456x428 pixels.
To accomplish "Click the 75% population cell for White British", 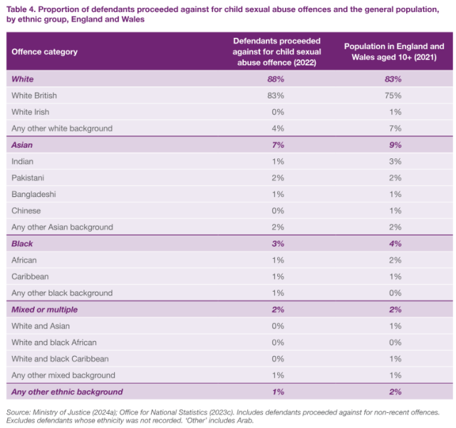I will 393,95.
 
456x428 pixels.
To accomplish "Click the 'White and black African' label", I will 54,342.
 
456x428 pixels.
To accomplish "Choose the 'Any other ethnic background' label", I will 67,392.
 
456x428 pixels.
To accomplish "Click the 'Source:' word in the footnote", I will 19,412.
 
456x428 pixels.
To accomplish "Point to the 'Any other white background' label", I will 62,128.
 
